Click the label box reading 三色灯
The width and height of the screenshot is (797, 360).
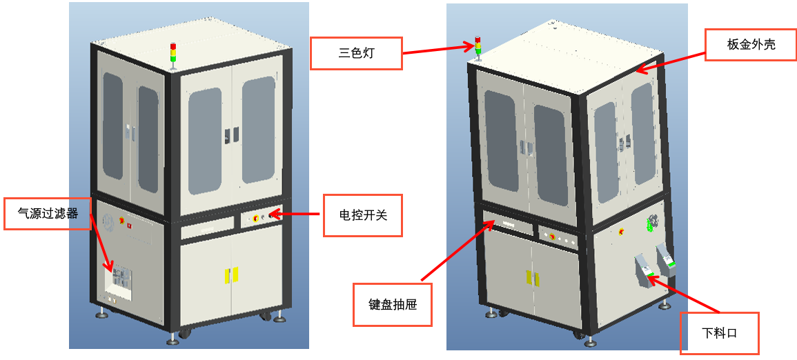356,53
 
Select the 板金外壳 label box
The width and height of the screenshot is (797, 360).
751,45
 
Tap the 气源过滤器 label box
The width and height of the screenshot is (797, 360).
48,214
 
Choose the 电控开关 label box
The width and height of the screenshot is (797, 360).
363,215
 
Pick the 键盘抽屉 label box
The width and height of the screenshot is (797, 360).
393,304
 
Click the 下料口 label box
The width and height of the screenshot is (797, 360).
720,333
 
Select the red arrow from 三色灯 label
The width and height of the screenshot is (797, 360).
437,50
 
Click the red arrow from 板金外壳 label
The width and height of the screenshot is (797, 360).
670,59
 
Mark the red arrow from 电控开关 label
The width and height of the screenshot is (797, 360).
297,214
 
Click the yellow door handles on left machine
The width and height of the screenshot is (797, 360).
230,274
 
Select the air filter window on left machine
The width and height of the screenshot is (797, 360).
120,281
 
